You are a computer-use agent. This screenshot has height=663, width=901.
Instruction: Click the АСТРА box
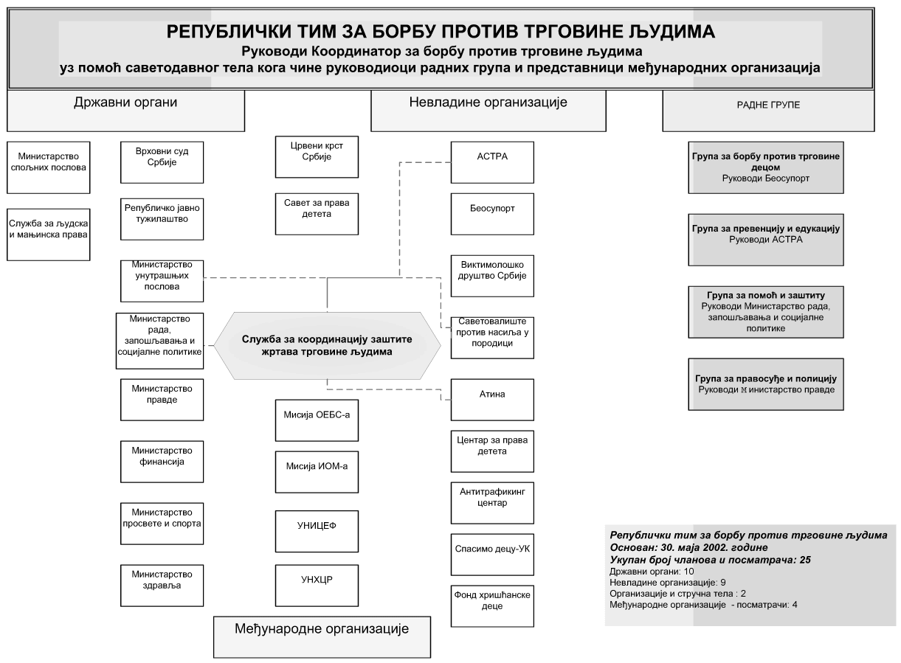(492, 162)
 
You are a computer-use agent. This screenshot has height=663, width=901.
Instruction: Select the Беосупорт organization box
(492, 214)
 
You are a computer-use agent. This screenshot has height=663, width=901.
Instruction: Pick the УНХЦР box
(317, 586)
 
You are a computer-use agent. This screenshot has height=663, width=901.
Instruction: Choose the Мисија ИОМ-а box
(317, 472)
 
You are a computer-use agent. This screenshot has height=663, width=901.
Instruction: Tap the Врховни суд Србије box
(162, 162)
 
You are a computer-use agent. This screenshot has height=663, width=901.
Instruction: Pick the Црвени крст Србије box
(317, 156)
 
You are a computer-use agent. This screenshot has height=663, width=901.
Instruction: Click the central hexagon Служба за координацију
(327, 345)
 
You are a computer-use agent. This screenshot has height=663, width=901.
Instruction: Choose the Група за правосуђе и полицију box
(766, 384)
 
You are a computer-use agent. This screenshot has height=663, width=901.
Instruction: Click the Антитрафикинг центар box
(492, 503)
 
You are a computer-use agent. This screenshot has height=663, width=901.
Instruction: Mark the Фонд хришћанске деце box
(492, 605)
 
